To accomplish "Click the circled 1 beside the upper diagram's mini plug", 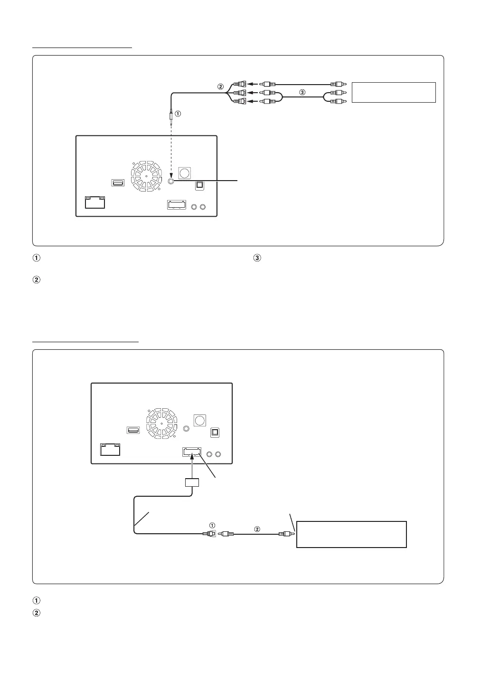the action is (x=178, y=114).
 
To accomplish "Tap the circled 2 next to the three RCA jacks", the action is (x=220, y=87).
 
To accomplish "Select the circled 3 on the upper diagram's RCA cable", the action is (x=302, y=93).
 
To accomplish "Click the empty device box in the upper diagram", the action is (x=394, y=92).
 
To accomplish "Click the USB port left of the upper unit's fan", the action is (x=118, y=183).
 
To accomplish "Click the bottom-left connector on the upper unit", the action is (x=94, y=202).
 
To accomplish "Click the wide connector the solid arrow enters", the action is (x=192, y=452).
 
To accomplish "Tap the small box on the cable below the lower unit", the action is (x=192, y=482).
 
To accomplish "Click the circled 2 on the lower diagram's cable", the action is (x=257, y=529).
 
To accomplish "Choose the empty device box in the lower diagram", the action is (x=351, y=534).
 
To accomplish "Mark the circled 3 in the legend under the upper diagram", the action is (x=257, y=259).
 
